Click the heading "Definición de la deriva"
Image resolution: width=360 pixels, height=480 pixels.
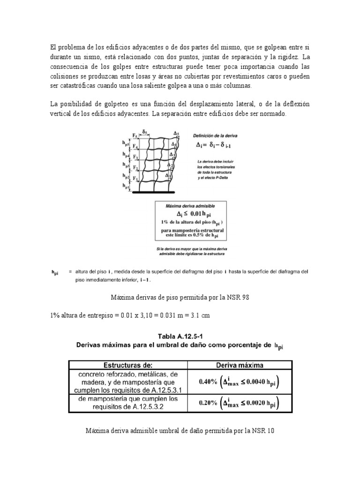tap(216, 135)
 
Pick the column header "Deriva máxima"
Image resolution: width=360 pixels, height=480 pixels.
tap(240, 364)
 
